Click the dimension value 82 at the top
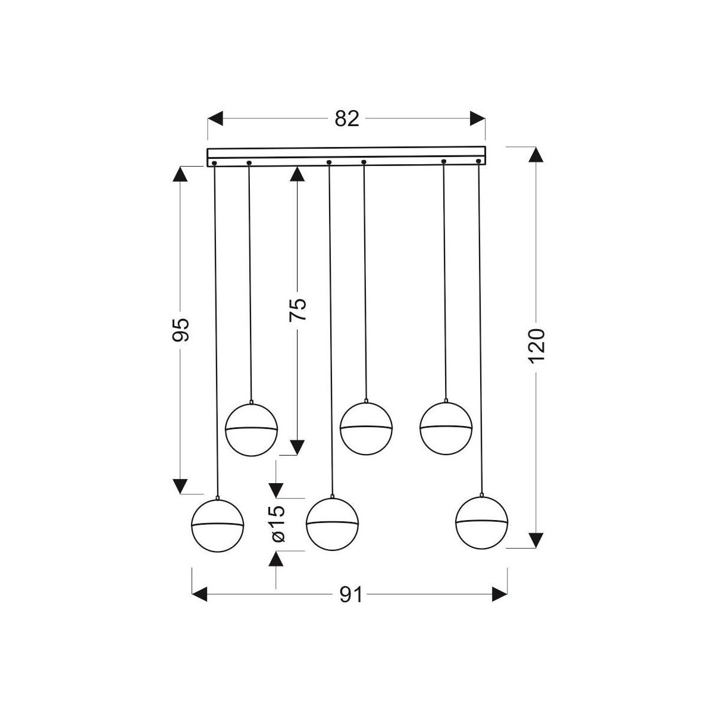pyautogui.click(x=347, y=119)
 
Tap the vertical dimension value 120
pyautogui.click(x=537, y=345)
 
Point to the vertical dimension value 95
pyautogui.click(x=181, y=330)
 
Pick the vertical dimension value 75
pyautogui.click(x=298, y=310)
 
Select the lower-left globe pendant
pyautogui.click(x=218, y=525)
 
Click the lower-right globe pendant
pyautogui.click(x=481, y=522)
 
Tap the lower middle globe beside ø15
pyautogui.click(x=332, y=523)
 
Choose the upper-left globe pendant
pyautogui.click(x=252, y=428)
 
